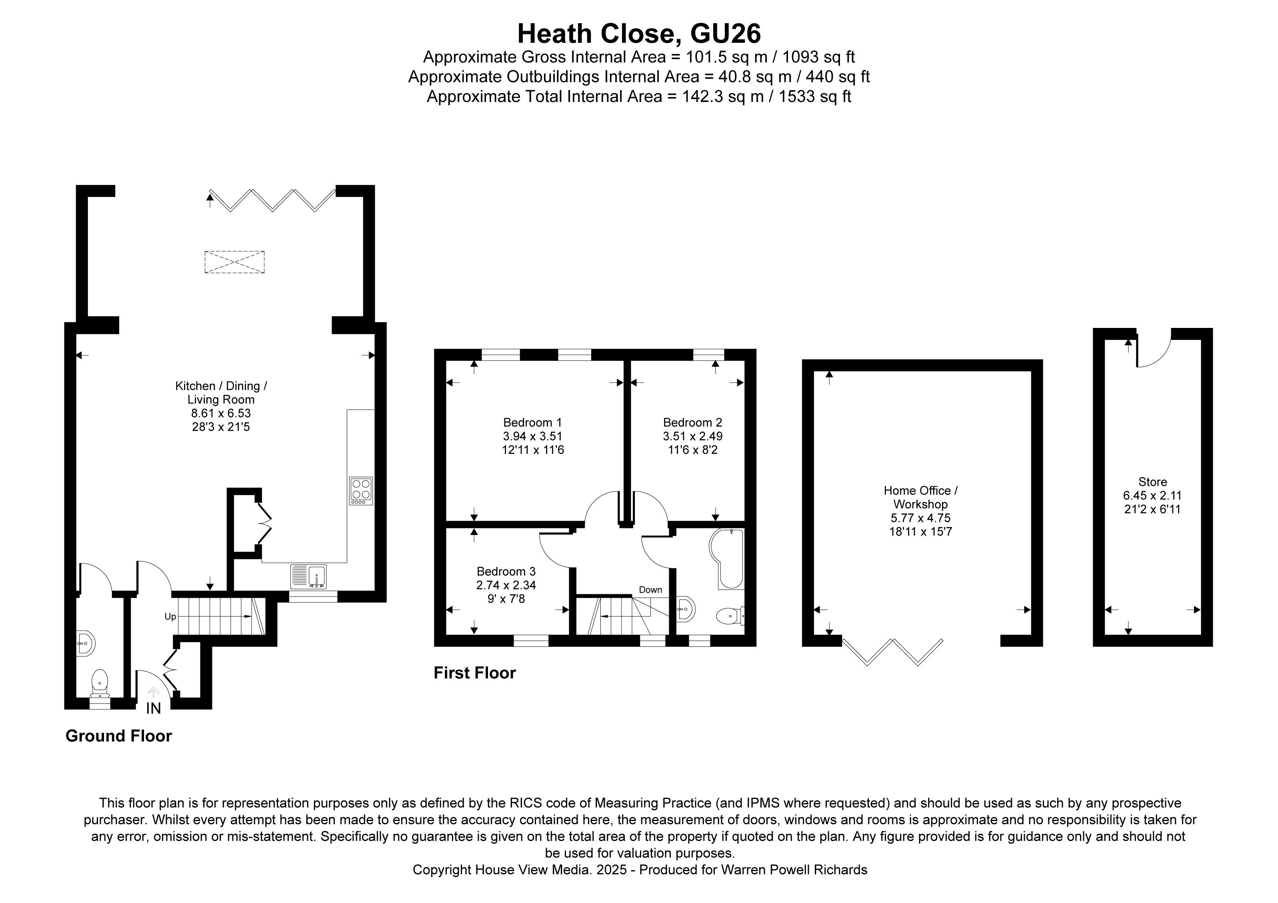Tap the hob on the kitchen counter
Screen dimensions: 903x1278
(x=361, y=491)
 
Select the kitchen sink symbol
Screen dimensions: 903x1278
(x=308, y=576)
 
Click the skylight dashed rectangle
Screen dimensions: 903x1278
(x=234, y=262)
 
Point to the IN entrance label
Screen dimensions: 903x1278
(x=153, y=708)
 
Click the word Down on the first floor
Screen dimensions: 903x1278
(x=650, y=590)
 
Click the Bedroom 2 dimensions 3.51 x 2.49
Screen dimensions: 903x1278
(x=692, y=436)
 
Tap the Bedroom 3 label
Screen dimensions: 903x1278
(x=506, y=571)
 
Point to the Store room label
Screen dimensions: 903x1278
(x=1152, y=482)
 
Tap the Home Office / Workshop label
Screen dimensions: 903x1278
(x=920, y=497)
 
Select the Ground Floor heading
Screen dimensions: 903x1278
(x=118, y=736)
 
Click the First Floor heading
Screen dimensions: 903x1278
(x=474, y=673)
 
